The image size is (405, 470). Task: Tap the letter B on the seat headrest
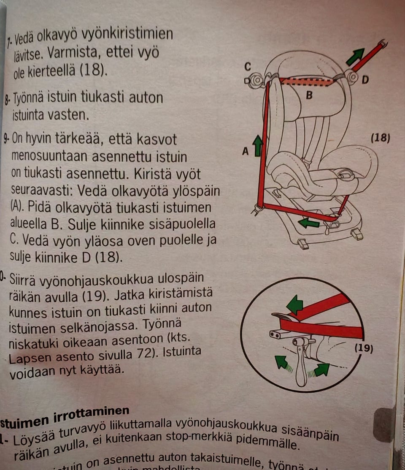(x=309, y=96)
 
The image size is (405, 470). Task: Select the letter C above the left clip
(x=248, y=67)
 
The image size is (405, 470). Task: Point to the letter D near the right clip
(x=365, y=79)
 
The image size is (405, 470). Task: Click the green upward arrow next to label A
(x=257, y=146)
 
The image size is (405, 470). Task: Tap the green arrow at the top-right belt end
(x=355, y=57)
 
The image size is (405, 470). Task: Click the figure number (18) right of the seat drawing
(x=380, y=138)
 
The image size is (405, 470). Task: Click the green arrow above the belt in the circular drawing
(x=295, y=304)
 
